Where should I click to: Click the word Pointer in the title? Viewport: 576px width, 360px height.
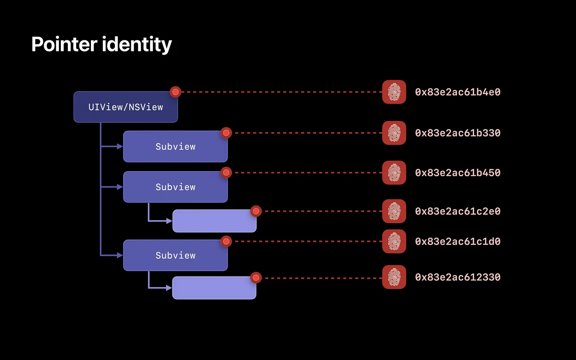tap(64, 44)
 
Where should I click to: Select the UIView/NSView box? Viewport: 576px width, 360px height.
tap(125, 107)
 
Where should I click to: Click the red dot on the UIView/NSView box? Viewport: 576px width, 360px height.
tap(175, 92)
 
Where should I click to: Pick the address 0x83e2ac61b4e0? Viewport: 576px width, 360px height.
tap(458, 92)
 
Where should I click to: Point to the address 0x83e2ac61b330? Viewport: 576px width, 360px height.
tap(458, 133)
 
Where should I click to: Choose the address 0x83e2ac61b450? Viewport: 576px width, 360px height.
tap(458, 173)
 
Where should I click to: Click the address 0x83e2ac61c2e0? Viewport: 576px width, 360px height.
tap(458, 211)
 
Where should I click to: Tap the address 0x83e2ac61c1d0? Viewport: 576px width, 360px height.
tap(458, 242)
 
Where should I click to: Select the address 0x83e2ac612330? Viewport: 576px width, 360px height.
tap(458, 277)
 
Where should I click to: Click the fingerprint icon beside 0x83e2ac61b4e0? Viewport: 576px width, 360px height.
tap(394, 92)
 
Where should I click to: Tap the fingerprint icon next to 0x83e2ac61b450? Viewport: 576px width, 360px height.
tap(394, 173)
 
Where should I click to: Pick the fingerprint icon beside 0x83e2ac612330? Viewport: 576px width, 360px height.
tap(394, 277)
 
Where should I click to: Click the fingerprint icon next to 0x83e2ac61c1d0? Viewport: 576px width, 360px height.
tap(394, 242)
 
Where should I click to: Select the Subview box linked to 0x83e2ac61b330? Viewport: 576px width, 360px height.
tap(175, 146)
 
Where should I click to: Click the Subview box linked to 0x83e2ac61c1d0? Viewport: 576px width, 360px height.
tap(175, 255)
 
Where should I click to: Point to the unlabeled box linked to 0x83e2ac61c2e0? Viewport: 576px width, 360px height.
tap(214, 221)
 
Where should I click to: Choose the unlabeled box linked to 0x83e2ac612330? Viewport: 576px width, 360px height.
tap(214, 288)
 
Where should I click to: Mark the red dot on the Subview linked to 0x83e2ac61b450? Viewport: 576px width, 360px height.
tap(226, 173)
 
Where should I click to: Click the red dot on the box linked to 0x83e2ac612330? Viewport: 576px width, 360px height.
tap(256, 278)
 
